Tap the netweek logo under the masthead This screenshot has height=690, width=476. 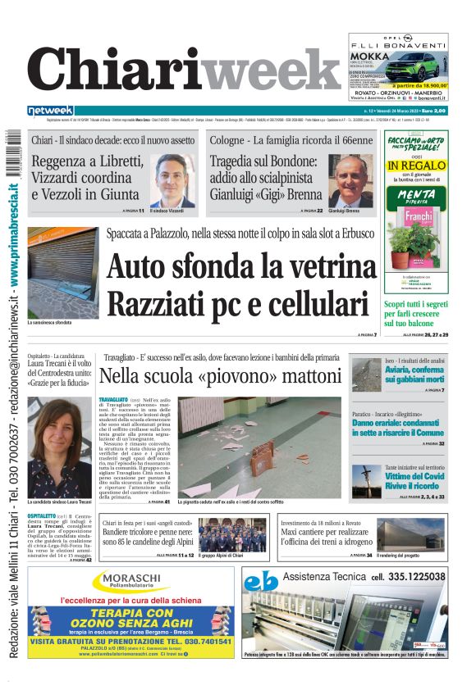[x=51, y=111]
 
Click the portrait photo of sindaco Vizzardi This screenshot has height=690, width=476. [x=172, y=182]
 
